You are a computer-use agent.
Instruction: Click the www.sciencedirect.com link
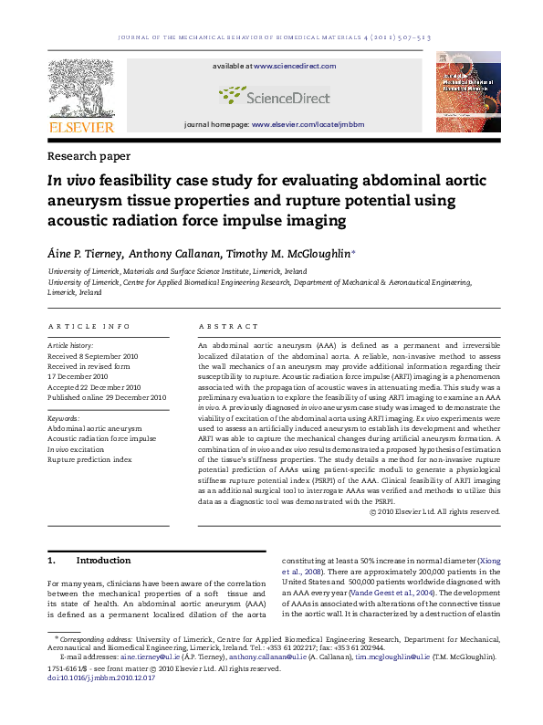click(295, 67)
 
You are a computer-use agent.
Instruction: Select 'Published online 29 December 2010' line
click(107, 397)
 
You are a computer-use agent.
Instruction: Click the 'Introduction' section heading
click(103, 560)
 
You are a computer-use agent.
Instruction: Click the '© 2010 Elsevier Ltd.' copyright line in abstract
click(436, 511)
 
